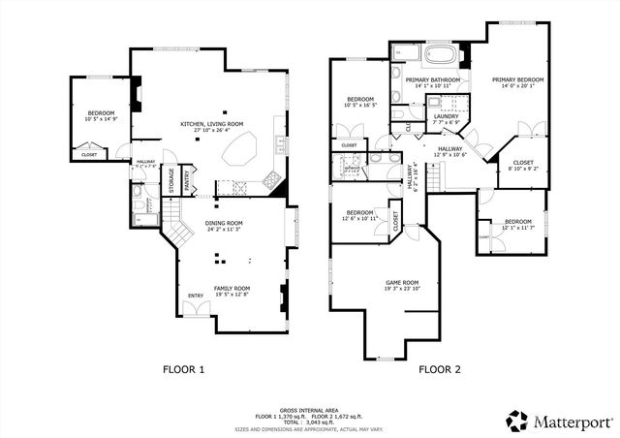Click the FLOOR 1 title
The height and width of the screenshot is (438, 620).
coord(184,369)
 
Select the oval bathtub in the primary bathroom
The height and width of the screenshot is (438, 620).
coord(439,53)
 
